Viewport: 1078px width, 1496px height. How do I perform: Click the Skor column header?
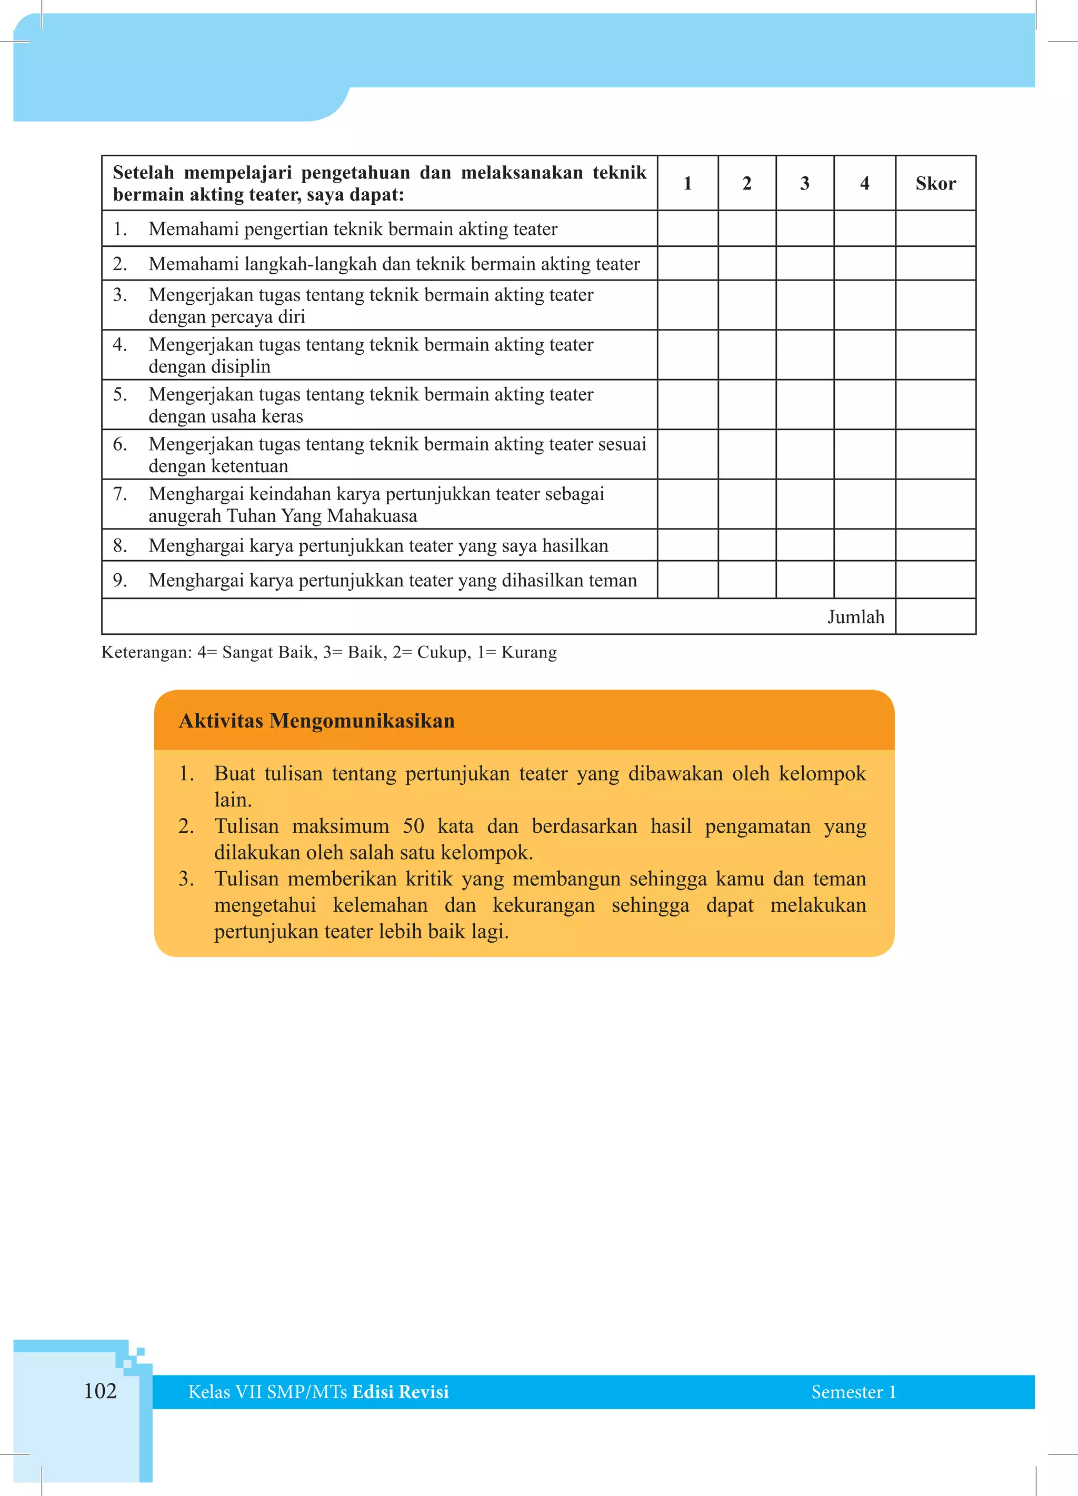tap(935, 183)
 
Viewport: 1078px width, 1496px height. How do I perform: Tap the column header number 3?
tap(804, 183)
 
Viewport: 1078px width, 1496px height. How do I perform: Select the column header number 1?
tap(687, 183)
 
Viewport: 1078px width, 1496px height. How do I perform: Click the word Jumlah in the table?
tap(856, 617)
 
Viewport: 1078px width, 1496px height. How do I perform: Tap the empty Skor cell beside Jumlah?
tap(935, 617)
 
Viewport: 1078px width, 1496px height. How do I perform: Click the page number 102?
tap(101, 1391)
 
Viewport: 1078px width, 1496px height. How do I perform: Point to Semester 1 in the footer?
tap(853, 1392)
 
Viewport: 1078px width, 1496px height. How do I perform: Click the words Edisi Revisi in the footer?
tap(401, 1392)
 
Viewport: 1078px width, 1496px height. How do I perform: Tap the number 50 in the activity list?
tap(414, 826)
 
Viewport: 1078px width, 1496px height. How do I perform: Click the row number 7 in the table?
tap(119, 493)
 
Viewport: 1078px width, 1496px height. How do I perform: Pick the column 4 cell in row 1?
tap(864, 228)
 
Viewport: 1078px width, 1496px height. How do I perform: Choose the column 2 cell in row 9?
tap(747, 580)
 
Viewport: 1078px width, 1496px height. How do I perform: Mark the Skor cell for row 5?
tap(935, 404)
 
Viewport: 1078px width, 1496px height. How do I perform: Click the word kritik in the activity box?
tap(429, 879)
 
